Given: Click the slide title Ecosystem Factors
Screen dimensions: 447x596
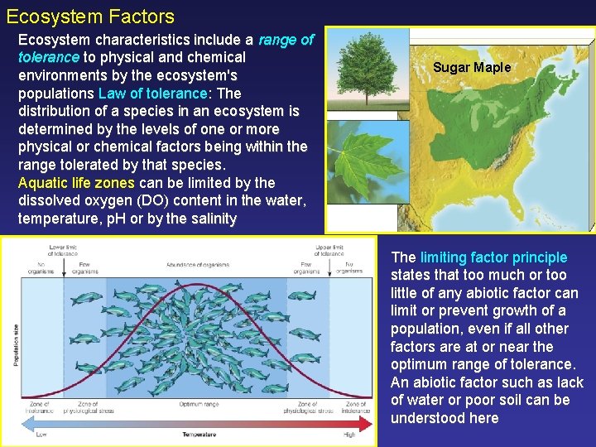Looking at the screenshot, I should (90, 16).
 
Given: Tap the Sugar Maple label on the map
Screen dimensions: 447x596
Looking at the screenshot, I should (472, 68).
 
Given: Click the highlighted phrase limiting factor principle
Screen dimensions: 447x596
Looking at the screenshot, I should (493, 257).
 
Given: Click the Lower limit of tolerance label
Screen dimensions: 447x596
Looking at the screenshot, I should (63, 250).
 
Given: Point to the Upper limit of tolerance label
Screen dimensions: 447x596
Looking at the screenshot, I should (330, 250).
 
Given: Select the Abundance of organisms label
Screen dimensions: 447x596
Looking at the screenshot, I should (197, 264).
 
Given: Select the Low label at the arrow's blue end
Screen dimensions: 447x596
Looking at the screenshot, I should (41, 434).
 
